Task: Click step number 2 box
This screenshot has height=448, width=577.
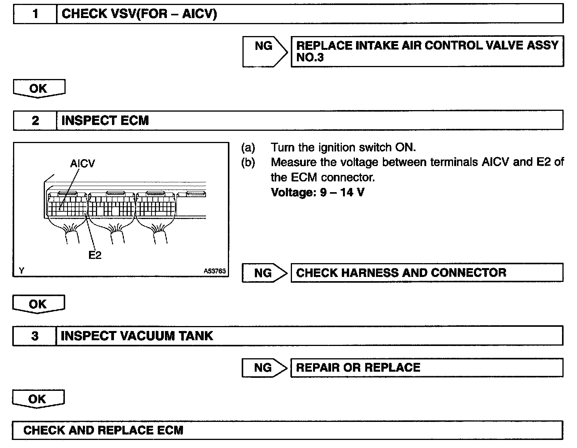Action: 35,121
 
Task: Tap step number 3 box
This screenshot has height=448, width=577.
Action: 35,336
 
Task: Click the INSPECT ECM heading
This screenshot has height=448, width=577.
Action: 105,121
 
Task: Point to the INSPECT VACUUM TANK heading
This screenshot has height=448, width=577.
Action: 137,336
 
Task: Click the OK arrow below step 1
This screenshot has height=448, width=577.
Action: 38,89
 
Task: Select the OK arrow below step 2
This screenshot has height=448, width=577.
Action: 38,304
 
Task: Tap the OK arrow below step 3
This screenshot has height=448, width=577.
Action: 38,399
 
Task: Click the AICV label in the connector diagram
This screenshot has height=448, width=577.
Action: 82,164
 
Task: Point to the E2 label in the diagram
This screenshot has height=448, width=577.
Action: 95,255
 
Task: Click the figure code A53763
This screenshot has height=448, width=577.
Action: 215,271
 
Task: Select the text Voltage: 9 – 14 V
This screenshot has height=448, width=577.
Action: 318,192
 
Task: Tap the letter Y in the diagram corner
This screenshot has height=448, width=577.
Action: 21,271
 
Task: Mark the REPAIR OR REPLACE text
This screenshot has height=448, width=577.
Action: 358,368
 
